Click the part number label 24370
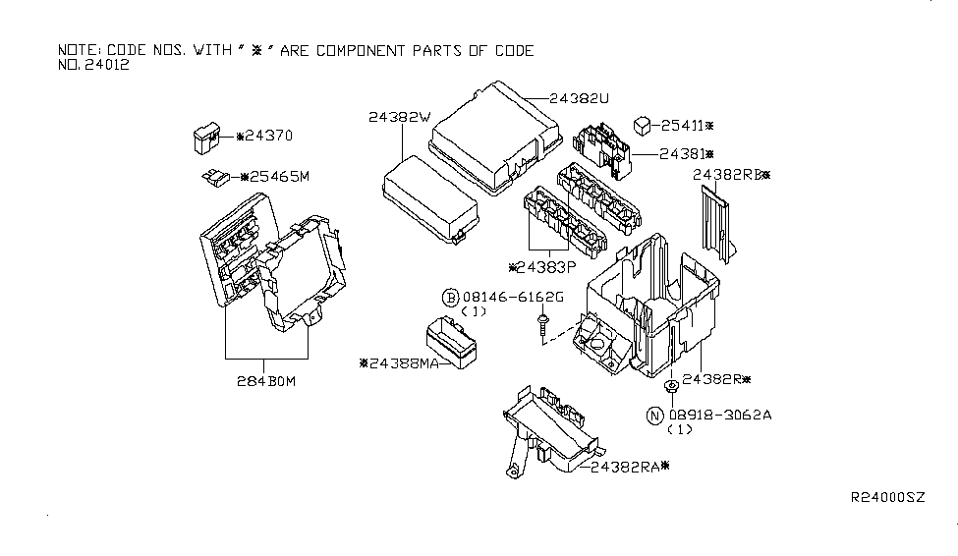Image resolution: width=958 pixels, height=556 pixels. coord(267,136)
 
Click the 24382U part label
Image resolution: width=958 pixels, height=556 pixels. coord(582,98)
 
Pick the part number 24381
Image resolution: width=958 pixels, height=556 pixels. coord(685,154)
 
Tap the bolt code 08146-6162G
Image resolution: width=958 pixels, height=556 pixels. coord(514,298)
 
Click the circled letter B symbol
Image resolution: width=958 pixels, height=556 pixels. coord(450,298)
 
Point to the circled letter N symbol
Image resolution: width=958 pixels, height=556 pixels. coord(654,416)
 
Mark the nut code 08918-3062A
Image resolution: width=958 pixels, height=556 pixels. coord(720,416)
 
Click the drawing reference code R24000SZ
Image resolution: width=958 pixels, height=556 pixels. coord(886,498)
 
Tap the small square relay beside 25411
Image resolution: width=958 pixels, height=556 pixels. coord(642,124)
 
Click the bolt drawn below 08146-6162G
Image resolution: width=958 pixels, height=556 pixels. coord(541,325)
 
